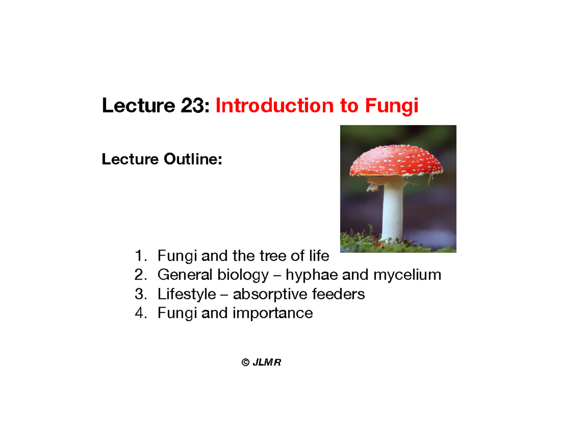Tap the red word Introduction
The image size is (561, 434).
coord(274,107)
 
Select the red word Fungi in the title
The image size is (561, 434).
coord(391,107)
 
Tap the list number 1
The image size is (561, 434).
coord(139,256)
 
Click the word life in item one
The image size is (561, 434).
coord(319,256)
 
